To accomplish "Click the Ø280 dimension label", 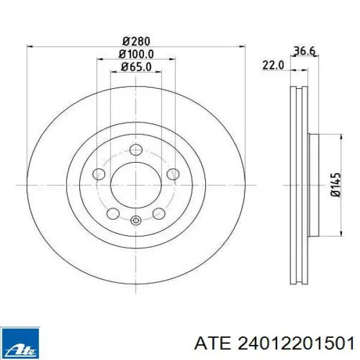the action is pyautogui.click(x=136, y=41).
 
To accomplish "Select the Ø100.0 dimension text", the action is pyautogui.click(x=136, y=55).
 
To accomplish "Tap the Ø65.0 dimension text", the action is pyautogui.click(x=136, y=67).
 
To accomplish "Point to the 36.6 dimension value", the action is pyautogui.click(x=304, y=51).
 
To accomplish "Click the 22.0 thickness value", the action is pyautogui.click(x=273, y=65).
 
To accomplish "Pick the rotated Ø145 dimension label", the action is pyautogui.click(x=335, y=185).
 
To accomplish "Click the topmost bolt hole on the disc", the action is pyautogui.click(x=136, y=149).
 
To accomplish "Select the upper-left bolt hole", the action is pyautogui.click(x=99, y=174).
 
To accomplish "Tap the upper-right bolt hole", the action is pyautogui.click(x=173, y=174).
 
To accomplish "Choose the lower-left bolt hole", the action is pyautogui.click(x=113, y=213).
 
